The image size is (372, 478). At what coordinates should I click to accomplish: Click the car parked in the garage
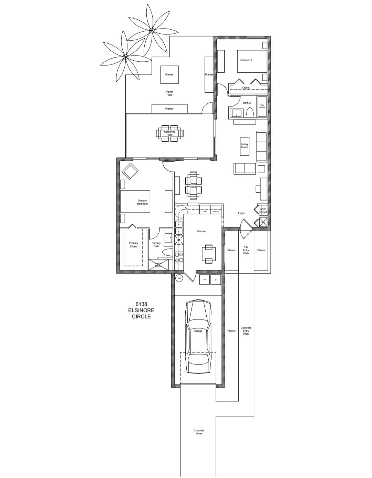198,336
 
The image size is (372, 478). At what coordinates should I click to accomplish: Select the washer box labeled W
204,279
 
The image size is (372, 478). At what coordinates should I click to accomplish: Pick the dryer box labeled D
216,279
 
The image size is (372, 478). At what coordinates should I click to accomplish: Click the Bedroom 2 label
246,60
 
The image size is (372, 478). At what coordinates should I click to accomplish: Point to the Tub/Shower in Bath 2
262,106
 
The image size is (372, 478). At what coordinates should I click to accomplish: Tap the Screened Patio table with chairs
170,133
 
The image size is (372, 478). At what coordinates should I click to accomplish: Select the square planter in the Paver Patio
169,74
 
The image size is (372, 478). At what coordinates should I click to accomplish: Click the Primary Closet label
134,245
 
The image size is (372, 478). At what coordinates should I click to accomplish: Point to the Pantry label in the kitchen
216,212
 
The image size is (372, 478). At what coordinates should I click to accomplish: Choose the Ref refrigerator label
205,212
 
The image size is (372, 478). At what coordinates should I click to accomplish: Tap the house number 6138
141,304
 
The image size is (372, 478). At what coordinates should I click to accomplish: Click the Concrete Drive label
199,432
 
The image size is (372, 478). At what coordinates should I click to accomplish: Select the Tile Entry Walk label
246,250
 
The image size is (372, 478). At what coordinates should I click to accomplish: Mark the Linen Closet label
263,211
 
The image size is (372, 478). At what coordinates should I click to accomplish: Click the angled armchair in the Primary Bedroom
130,171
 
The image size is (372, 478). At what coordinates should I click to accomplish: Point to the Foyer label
241,213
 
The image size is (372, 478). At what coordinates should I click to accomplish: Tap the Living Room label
244,146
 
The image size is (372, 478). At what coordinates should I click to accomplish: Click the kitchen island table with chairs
209,254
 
